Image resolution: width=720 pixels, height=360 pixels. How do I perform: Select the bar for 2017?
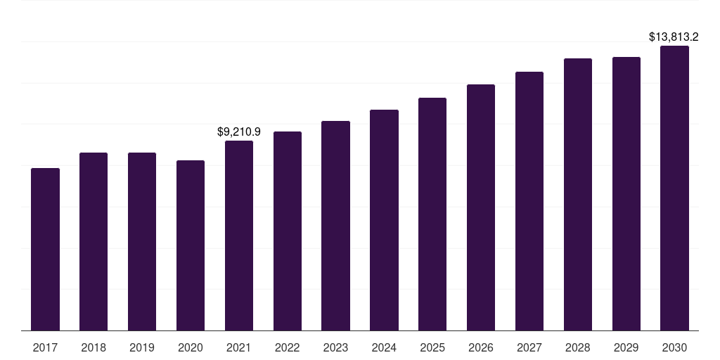coord(45,250)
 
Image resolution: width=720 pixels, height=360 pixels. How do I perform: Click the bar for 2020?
coord(191,245)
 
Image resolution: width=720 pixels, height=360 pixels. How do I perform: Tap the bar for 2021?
coord(239,236)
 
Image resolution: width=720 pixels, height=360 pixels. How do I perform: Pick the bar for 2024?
coord(384,220)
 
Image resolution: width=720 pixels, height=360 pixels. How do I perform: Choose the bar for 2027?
coord(529,201)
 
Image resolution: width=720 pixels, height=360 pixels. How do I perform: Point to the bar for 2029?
coord(626,194)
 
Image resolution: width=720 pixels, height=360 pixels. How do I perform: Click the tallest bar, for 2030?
coord(674,188)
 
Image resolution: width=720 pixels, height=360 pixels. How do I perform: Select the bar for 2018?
coord(94,242)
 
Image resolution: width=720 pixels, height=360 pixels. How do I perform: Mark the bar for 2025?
coord(432,214)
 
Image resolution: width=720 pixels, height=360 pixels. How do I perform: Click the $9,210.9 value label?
coord(239,131)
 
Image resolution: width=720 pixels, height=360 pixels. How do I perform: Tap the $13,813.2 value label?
coord(674,37)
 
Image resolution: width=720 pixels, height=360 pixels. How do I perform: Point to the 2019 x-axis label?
coord(142,347)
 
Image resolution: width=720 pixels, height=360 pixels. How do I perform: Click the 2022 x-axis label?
coord(288,347)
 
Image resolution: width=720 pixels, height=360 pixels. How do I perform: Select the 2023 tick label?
coord(335,347)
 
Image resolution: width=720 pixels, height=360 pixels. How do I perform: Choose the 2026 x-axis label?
coord(481,347)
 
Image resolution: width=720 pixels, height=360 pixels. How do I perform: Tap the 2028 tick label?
coord(578,347)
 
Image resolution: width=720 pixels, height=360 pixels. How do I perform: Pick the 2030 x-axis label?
coord(674,347)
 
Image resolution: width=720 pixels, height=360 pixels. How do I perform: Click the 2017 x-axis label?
coord(45,347)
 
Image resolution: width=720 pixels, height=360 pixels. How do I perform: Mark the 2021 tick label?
coord(239,347)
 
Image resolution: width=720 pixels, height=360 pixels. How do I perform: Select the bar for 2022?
coord(288,231)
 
